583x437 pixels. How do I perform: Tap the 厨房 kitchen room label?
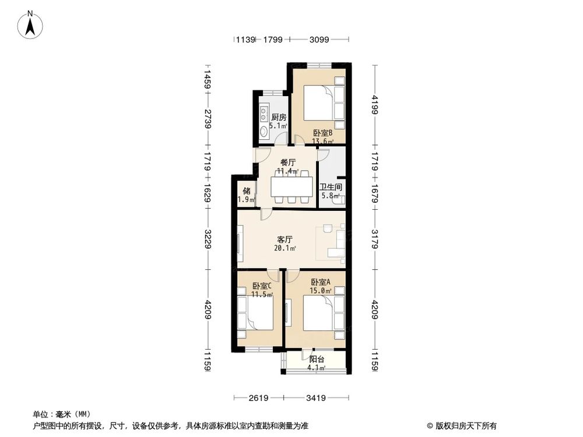pyautogui.click(x=279, y=117)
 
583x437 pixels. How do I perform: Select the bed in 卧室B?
pyautogui.click(x=319, y=102)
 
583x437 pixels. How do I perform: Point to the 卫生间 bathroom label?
pyautogui.click(x=331, y=188)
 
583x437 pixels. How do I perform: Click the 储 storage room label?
pyautogui.click(x=247, y=191)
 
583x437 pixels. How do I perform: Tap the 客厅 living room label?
pyautogui.click(x=285, y=239)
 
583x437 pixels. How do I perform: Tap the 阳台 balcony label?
pyautogui.click(x=317, y=359)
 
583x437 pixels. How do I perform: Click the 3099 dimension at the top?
pyautogui.click(x=319, y=40)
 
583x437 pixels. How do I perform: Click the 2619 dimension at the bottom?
pyautogui.click(x=257, y=399)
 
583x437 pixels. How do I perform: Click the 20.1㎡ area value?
pyautogui.click(x=285, y=248)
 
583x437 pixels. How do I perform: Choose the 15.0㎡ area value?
pyautogui.click(x=321, y=291)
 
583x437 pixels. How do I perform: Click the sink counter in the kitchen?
pyautogui.click(x=263, y=119)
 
